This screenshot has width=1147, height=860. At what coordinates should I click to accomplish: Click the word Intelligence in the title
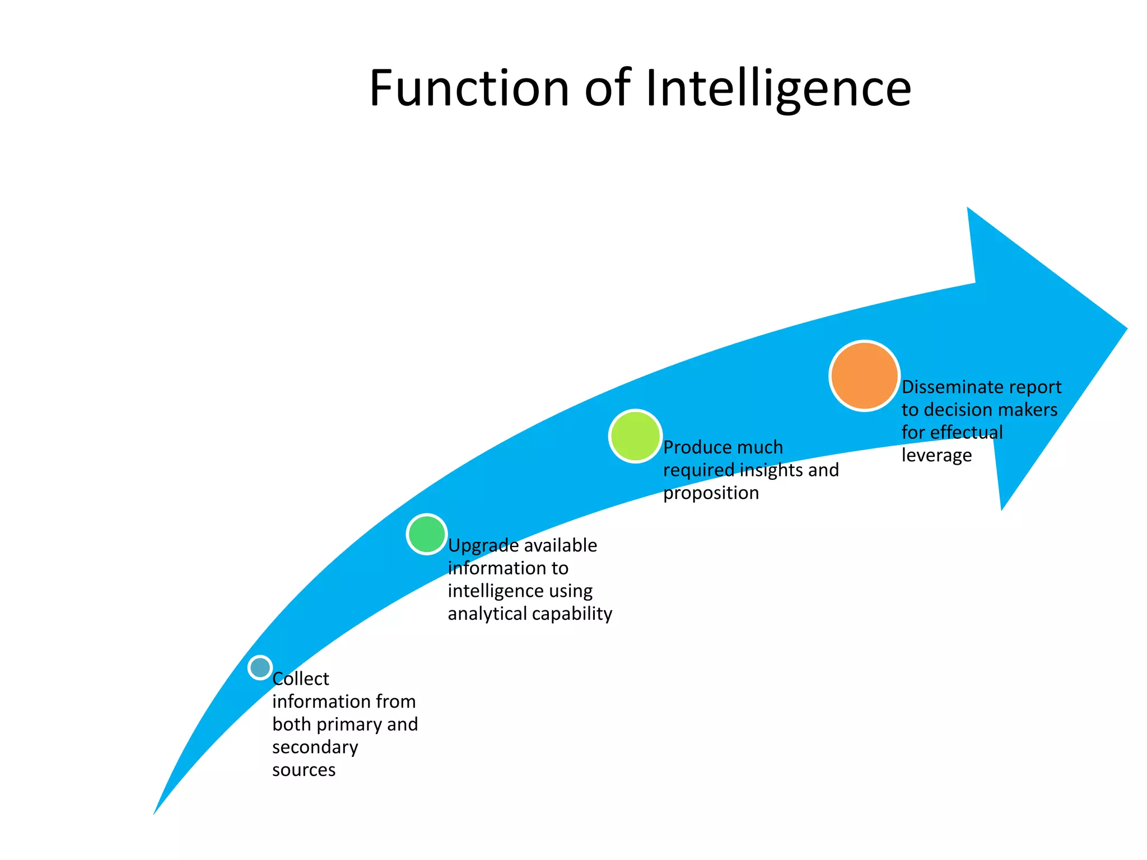778,90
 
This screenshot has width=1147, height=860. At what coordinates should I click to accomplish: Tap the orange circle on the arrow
864,376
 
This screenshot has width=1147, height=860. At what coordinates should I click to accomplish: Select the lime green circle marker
635,436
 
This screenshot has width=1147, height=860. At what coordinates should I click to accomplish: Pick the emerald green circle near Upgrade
427,534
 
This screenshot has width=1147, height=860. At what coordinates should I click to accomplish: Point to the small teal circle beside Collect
260,667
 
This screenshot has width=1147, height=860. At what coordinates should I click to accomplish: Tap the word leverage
936,455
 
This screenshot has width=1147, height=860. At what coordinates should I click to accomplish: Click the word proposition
711,493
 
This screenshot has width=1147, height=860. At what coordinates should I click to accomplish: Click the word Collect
301,679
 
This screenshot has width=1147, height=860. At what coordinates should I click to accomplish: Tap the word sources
304,770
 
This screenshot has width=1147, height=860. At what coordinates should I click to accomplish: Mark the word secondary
315,747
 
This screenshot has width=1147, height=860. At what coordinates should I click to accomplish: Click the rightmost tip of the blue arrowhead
1125,329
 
